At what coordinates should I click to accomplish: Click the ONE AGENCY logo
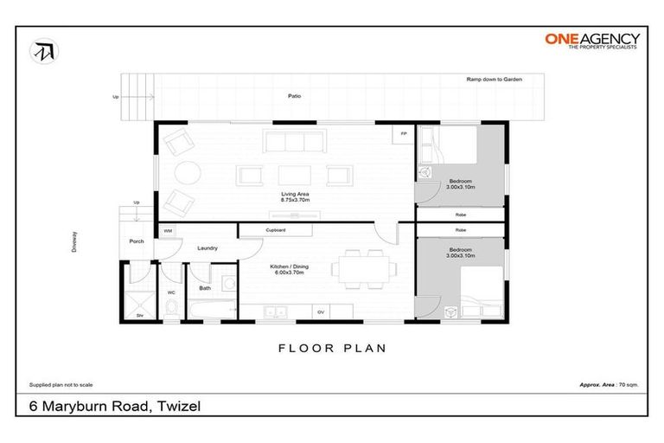pos(592,41)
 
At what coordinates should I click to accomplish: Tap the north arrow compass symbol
pos(41,51)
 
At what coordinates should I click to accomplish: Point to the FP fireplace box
pos(402,133)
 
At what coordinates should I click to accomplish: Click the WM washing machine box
pos(168,231)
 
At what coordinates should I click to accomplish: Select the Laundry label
pos(207,248)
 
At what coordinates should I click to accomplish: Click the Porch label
pos(136,241)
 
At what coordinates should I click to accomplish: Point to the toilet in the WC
pos(170,308)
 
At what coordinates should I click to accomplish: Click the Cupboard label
pos(276,230)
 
